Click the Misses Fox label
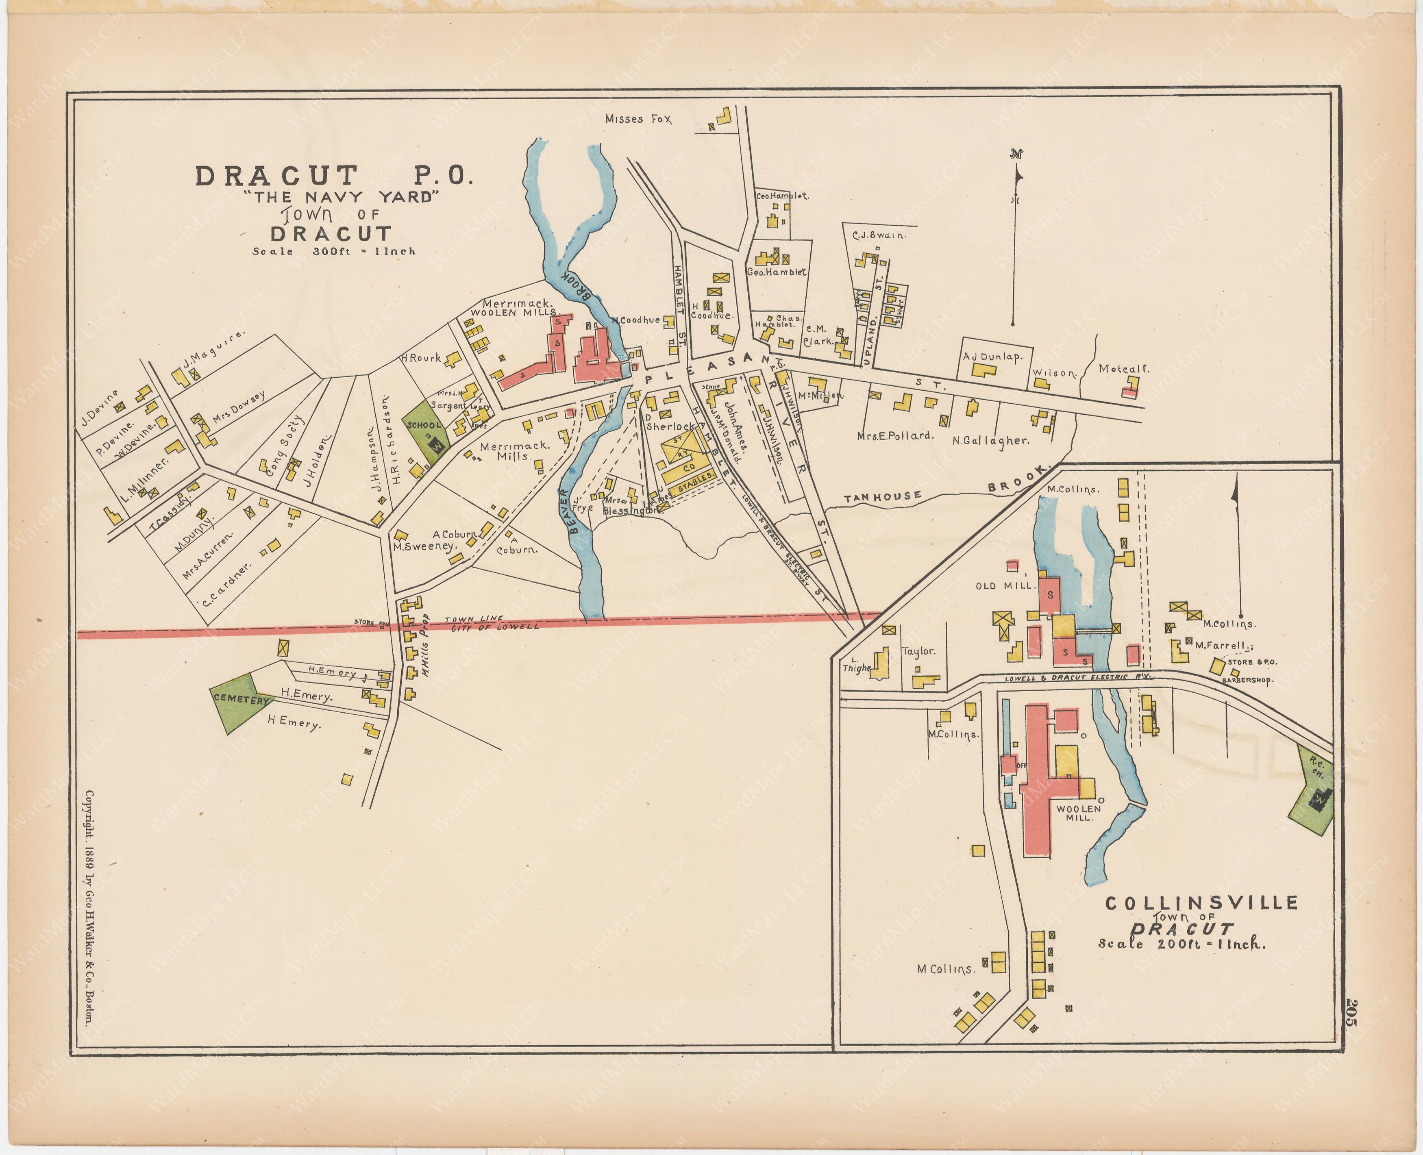[638, 119]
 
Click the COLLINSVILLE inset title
[1201, 903]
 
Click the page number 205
[1351, 1013]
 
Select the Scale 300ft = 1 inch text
[333, 252]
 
